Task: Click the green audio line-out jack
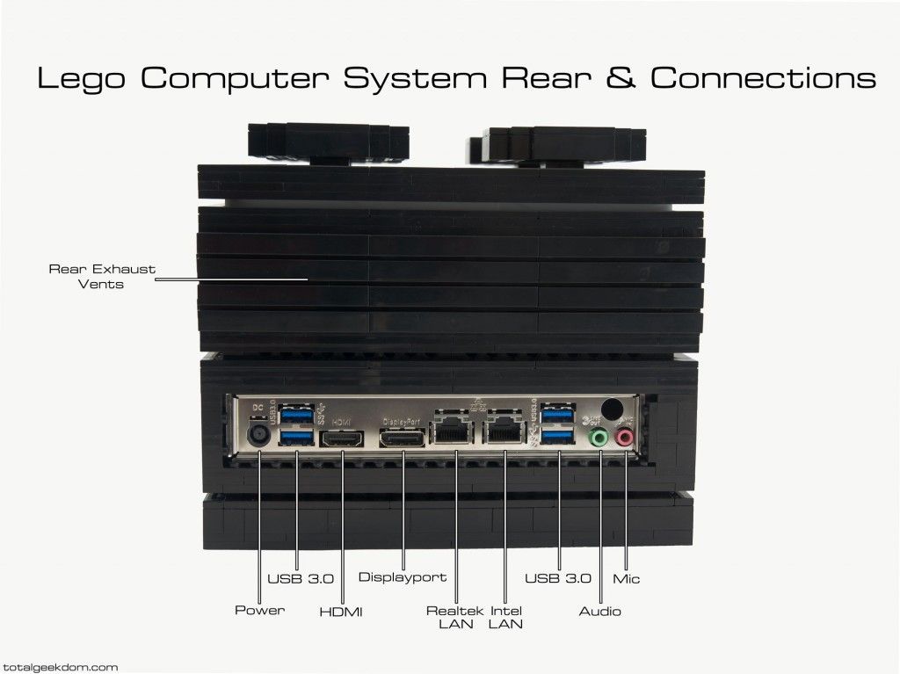click(599, 437)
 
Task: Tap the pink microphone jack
click(625, 437)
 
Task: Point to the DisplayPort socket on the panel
click(403, 438)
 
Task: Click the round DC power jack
click(260, 436)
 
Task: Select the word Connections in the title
click(763, 77)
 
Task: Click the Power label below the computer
click(259, 610)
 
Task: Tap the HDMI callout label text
click(341, 611)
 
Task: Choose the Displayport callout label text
click(403, 578)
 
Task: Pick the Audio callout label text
click(599, 611)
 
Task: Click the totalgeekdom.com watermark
click(59, 667)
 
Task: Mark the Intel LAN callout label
click(506, 617)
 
